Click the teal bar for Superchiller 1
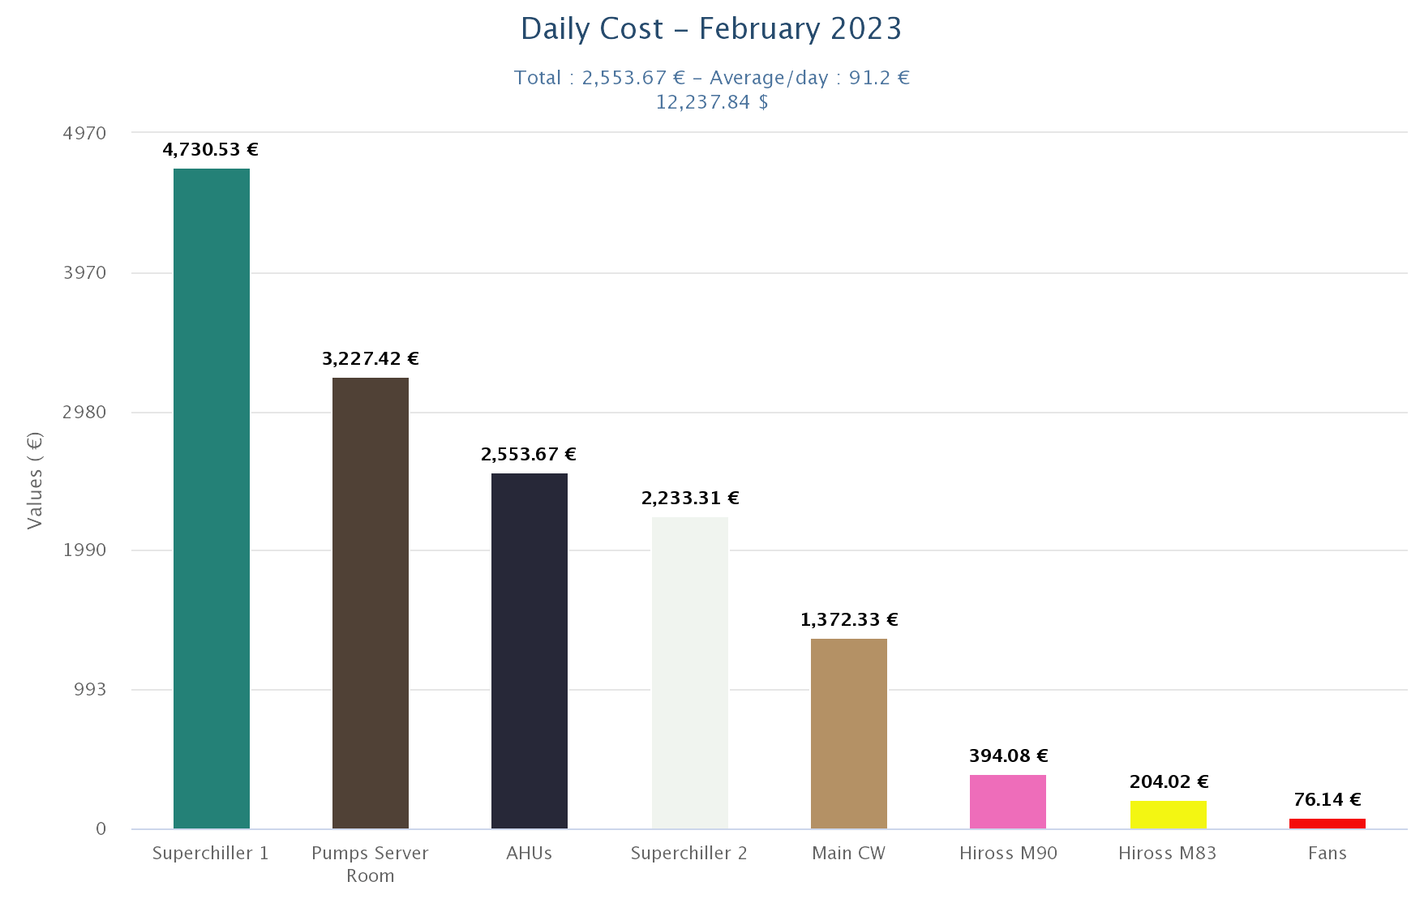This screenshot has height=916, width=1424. pyautogui.click(x=211, y=499)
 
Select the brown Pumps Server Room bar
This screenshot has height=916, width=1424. pyautogui.click(x=371, y=603)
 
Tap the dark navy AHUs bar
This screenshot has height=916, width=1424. pyautogui.click(x=530, y=651)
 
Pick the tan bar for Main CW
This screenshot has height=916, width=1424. pyautogui.click(x=849, y=734)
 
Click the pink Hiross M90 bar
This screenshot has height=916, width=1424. pyautogui.click(x=1008, y=802)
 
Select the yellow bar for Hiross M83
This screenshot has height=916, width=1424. pyautogui.click(x=1169, y=815)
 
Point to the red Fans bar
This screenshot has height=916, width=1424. pyautogui.click(x=1327, y=824)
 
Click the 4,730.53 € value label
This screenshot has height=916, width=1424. pyautogui.click(x=210, y=150)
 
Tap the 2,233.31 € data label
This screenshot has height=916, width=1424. pyautogui.click(x=690, y=499)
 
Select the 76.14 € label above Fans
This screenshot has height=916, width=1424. pyautogui.click(x=1327, y=800)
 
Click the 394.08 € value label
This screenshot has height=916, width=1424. pyautogui.click(x=1008, y=756)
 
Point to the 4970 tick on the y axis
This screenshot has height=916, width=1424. pyautogui.click(x=84, y=133)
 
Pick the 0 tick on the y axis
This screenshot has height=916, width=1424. pyautogui.click(x=101, y=829)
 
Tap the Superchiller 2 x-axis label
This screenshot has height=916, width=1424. pyautogui.click(x=689, y=854)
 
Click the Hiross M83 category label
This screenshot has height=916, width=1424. pyautogui.click(x=1167, y=854)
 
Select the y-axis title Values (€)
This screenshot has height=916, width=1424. pyautogui.click(x=34, y=481)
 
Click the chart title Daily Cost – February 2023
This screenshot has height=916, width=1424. pyautogui.click(x=711, y=29)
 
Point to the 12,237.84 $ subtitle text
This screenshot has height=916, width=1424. pyautogui.click(x=712, y=102)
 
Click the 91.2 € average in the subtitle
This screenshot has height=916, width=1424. pyautogui.click(x=879, y=78)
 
